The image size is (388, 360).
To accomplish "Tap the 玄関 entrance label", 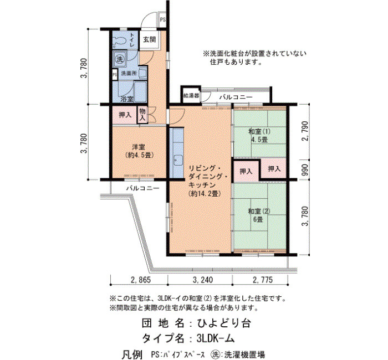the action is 150,39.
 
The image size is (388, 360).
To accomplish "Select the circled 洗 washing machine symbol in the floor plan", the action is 120,59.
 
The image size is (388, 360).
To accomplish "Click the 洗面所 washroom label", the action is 129,74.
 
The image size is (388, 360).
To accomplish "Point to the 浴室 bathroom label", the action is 127,99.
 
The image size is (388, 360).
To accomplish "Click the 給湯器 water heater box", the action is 191,95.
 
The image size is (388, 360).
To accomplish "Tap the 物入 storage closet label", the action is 142,115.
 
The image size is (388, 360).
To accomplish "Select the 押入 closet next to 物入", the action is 125,115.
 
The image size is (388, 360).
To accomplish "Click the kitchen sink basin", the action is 178,160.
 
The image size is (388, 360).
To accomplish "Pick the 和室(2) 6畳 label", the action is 259,215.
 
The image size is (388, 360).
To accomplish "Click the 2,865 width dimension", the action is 140,280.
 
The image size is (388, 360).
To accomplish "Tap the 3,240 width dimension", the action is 202,280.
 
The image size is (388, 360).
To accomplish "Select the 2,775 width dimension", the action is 263,280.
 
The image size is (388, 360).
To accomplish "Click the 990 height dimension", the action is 305,169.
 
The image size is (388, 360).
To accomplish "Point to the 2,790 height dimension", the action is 305,131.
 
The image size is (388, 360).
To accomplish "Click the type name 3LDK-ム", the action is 215,338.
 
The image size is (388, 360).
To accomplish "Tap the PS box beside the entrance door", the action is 162,19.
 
